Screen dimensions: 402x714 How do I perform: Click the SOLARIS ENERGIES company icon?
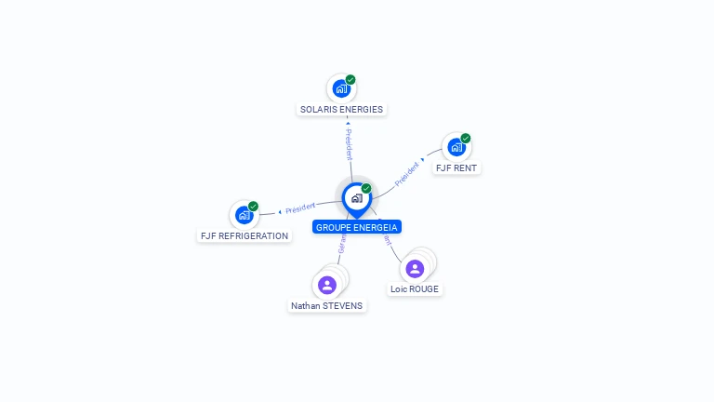(341, 88)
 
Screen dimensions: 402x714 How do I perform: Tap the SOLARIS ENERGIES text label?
(341, 109)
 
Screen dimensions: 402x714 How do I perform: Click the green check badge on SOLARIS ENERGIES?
(350, 79)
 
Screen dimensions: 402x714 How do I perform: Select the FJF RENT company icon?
(456, 147)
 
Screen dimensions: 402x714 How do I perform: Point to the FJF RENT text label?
(456, 168)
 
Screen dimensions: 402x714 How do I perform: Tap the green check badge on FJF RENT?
(466, 139)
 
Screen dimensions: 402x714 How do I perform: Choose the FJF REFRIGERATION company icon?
(244, 215)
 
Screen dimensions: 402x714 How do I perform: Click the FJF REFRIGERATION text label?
(245, 236)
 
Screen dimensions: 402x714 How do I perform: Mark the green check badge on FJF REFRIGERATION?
(253, 207)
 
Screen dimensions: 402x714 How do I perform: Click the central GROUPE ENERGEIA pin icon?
(356, 198)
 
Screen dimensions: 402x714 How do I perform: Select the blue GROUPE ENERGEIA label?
(357, 227)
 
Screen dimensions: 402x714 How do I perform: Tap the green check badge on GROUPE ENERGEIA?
(366, 189)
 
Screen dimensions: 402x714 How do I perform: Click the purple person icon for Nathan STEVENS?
(326, 285)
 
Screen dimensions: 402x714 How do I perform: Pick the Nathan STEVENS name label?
(327, 305)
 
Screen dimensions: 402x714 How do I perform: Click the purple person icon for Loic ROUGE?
(415, 269)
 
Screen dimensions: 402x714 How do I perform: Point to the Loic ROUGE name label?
(415, 289)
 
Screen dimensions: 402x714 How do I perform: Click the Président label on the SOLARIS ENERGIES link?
(349, 145)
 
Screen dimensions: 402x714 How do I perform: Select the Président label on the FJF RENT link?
(407, 174)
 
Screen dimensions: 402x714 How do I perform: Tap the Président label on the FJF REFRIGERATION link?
(300, 208)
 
